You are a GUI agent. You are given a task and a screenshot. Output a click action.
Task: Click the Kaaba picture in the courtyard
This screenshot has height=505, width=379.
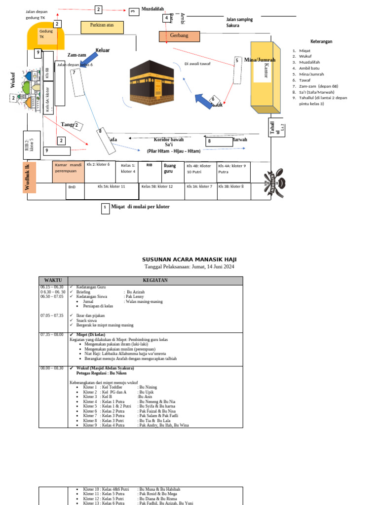click(x=152, y=80)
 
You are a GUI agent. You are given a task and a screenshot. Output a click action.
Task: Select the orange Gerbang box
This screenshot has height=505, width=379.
click(x=179, y=36)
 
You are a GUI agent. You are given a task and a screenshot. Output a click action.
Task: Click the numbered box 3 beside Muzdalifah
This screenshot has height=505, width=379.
click(x=132, y=12)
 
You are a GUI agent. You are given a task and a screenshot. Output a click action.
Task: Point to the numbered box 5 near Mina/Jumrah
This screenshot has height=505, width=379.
click(x=237, y=61)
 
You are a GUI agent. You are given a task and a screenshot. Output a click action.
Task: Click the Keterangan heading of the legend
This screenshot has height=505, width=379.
click(x=321, y=41)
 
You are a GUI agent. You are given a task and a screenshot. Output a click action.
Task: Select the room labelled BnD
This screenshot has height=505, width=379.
click(x=73, y=187)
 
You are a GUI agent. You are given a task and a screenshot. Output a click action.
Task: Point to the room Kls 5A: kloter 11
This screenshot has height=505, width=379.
click(x=112, y=187)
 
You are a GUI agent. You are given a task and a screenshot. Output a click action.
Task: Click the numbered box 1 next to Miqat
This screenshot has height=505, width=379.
click(x=106, y=209)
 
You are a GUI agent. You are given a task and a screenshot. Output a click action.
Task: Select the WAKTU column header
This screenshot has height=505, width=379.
click(x=53, y=281)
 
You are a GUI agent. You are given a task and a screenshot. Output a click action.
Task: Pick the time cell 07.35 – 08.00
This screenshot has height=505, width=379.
click(x=52, y=334)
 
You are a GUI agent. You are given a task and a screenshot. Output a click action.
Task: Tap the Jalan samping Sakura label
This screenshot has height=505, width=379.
click(x=239, y=22)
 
